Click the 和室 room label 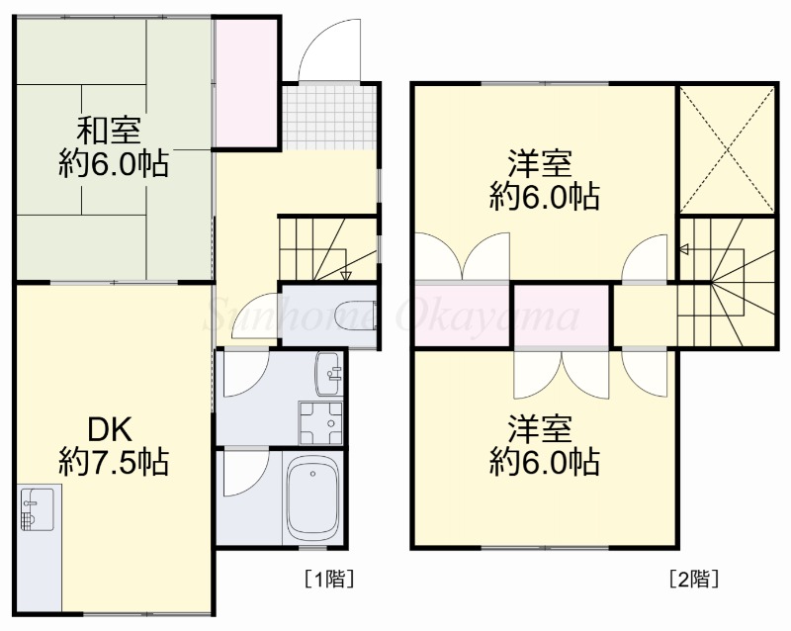tap(109, 131)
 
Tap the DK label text tap(110, 429)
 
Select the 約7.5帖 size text tap(114, 462)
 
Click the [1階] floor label tap(328, 579)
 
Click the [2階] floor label tap(694, 579)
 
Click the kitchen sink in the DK tap(38, 508)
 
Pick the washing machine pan tap(320, 422)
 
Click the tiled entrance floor tap(329, 117)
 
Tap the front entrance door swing tap(330, 49)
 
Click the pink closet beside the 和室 tap(244, 84)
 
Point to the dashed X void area tap(727, 149)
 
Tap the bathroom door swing tap(245, 473)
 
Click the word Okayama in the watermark tap(486, 316)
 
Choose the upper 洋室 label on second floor tap(540, 162)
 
